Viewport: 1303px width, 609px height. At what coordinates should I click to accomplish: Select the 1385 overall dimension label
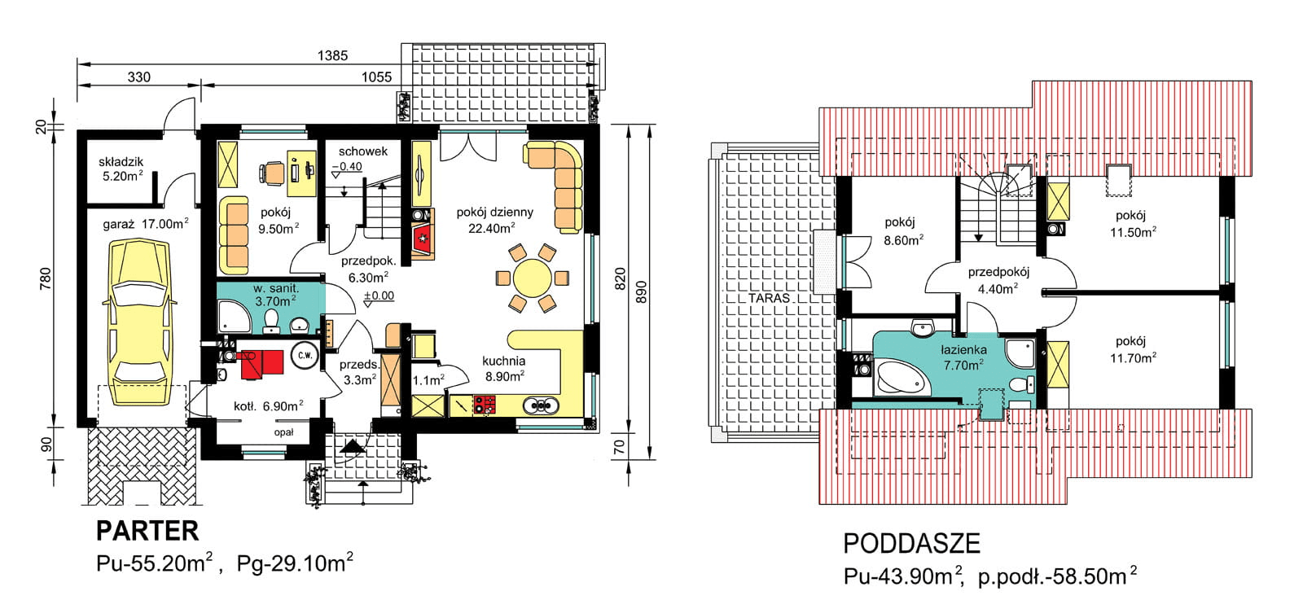click(x=332, y=55)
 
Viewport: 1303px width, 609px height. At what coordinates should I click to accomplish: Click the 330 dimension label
click(x=139, y=77)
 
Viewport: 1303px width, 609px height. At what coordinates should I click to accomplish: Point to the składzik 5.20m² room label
click(x=121, y=169)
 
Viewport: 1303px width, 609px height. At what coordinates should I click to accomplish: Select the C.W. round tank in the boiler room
click(x=304, y=356)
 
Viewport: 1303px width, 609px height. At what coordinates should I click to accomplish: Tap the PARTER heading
click(x=147, y=531)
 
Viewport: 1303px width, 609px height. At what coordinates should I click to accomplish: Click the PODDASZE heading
click(x=911, y=543)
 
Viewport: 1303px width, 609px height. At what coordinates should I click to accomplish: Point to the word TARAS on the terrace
click(x=769, y=298)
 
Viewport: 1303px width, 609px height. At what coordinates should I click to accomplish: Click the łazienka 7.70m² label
click(x=963, y=357)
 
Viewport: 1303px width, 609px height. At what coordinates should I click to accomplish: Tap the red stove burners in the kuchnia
click(x=484, y=405)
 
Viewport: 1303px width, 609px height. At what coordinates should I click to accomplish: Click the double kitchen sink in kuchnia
click(x=540, y=405)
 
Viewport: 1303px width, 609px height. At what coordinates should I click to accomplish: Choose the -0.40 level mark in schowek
click(x=348, y=167)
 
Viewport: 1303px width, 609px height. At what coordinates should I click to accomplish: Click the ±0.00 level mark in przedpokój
click(x=379, y=296)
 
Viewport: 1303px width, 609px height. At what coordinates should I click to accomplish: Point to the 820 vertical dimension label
click(x=620, y=278)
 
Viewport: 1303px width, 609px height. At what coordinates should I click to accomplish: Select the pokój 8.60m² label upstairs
click(x=902, y=231)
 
